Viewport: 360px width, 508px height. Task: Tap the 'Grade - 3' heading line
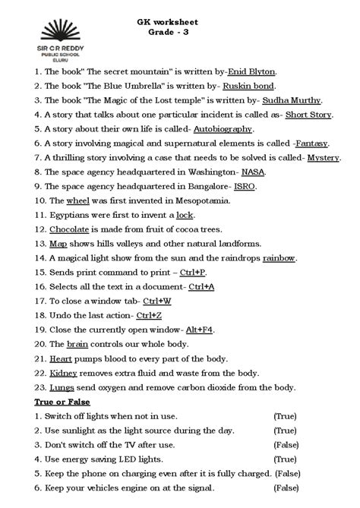[178, 36]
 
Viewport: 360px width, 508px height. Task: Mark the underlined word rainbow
[279, 258]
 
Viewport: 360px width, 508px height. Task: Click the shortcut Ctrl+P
[193, 272]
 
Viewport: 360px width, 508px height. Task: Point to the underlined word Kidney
[64, 374]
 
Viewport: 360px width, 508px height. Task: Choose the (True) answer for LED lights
[286, 459]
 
